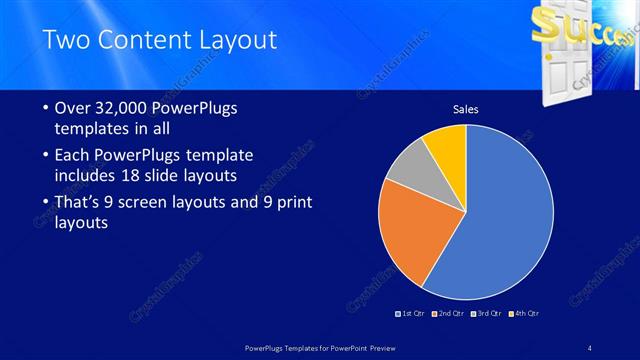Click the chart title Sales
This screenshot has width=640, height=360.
pos(467,108)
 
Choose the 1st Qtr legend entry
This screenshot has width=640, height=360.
pos(411,314)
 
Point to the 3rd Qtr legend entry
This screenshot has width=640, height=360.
pos(489,314)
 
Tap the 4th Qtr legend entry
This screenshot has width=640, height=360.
pos(525,314)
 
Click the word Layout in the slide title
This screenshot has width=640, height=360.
pos(235,40)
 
